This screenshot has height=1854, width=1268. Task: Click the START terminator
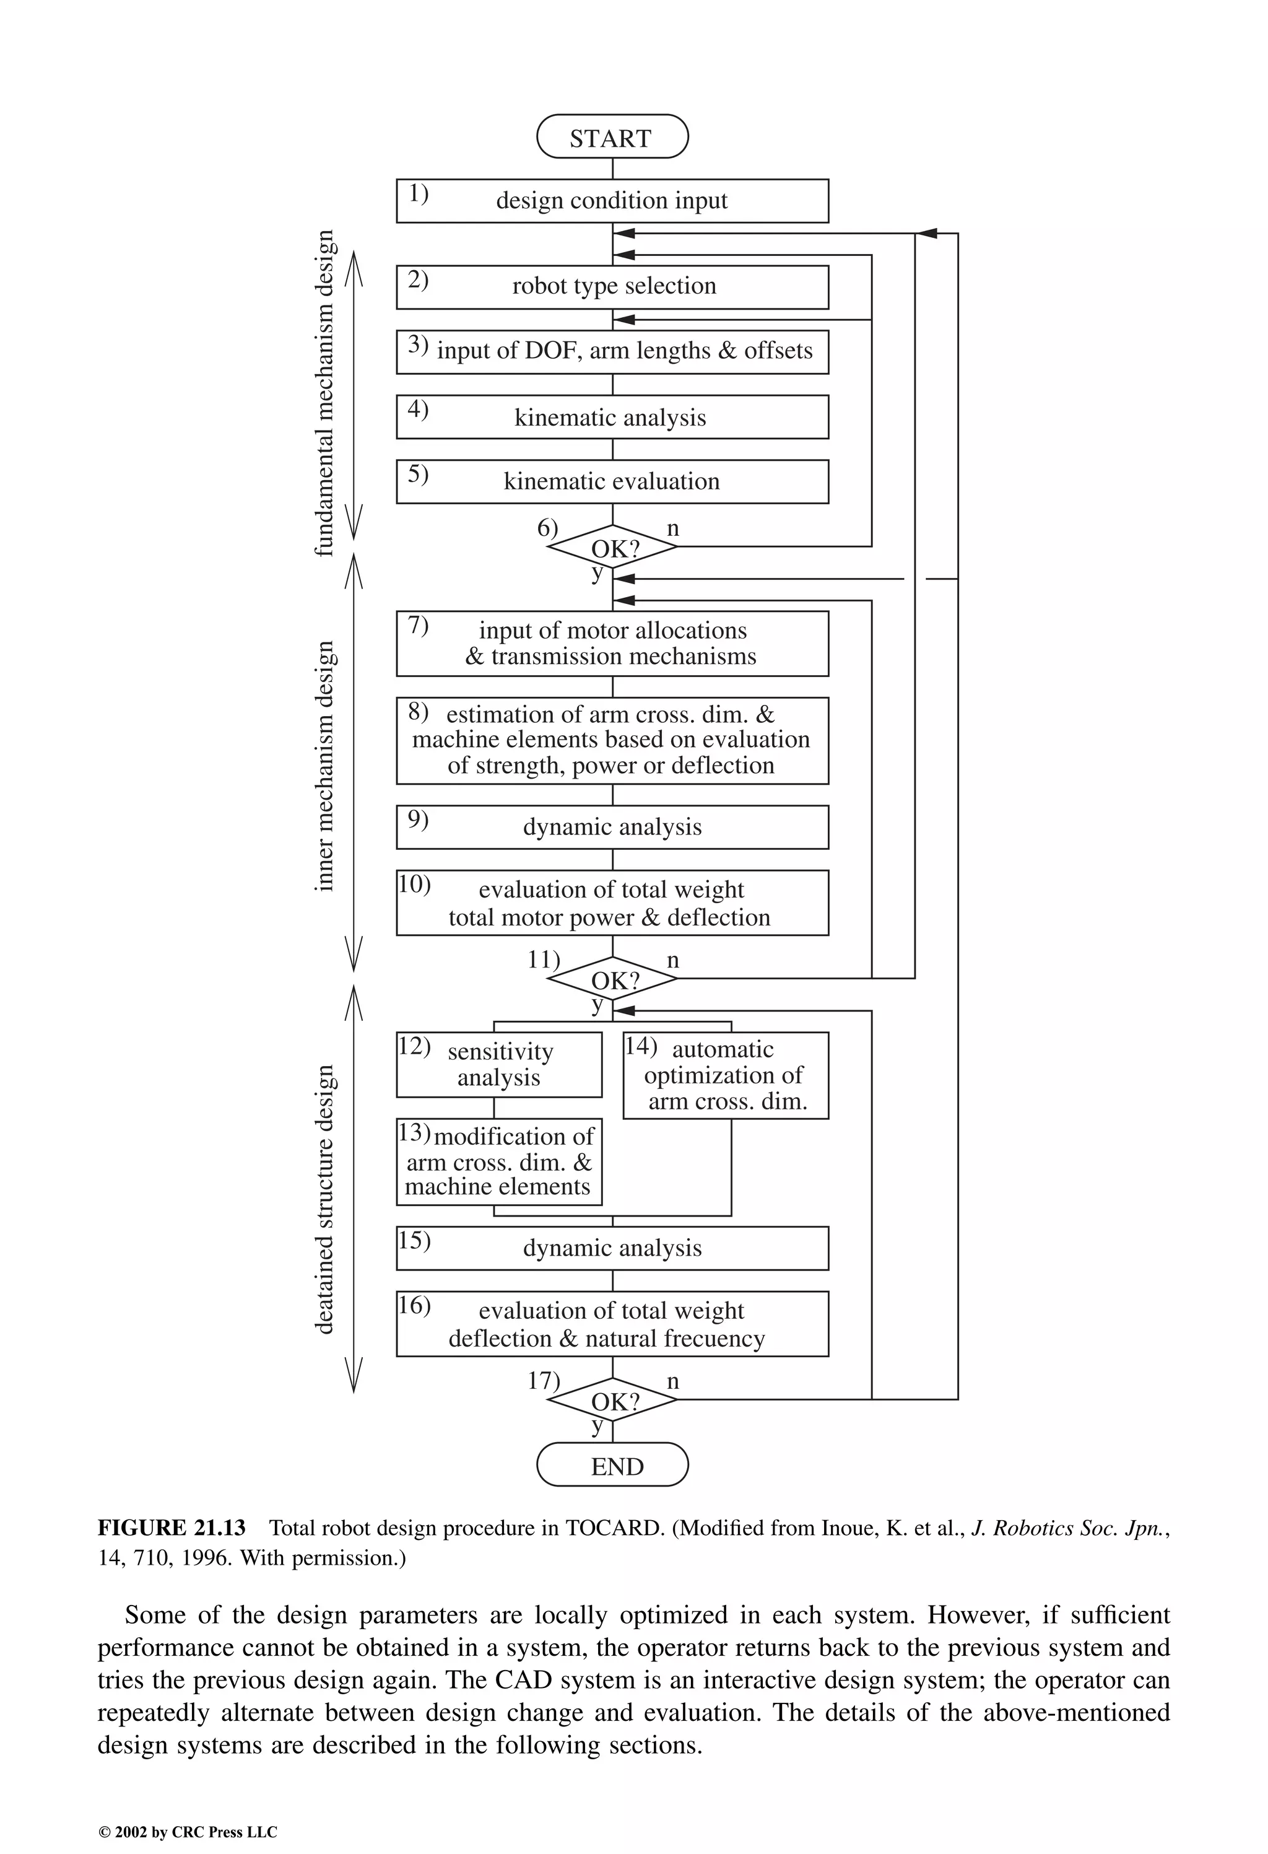pos(612,138)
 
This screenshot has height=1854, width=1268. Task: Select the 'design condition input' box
pos(612,200)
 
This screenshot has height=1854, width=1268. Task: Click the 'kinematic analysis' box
pos(612,416)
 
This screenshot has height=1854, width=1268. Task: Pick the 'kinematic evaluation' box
pos(612,481)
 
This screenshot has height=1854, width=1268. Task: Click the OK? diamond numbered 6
pos(612,547)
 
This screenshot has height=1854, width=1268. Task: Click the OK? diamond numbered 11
pos(612,979)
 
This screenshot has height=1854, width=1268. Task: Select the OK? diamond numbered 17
pos(612,1401)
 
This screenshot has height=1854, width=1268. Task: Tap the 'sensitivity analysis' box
pos(498,1064)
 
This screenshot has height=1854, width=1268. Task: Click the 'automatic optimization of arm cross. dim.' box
pos(725,1075)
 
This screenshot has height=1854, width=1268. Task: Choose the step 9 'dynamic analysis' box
pos(612,826)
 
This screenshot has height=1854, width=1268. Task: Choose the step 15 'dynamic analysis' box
pos(612,1248)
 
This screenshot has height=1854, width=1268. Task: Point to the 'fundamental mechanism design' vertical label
pos(324,393)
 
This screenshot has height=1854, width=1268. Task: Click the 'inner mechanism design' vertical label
pos(324,766)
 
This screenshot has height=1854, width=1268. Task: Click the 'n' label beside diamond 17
pos(673,1381)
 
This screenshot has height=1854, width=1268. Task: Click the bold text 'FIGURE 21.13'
pos(172,1528)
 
